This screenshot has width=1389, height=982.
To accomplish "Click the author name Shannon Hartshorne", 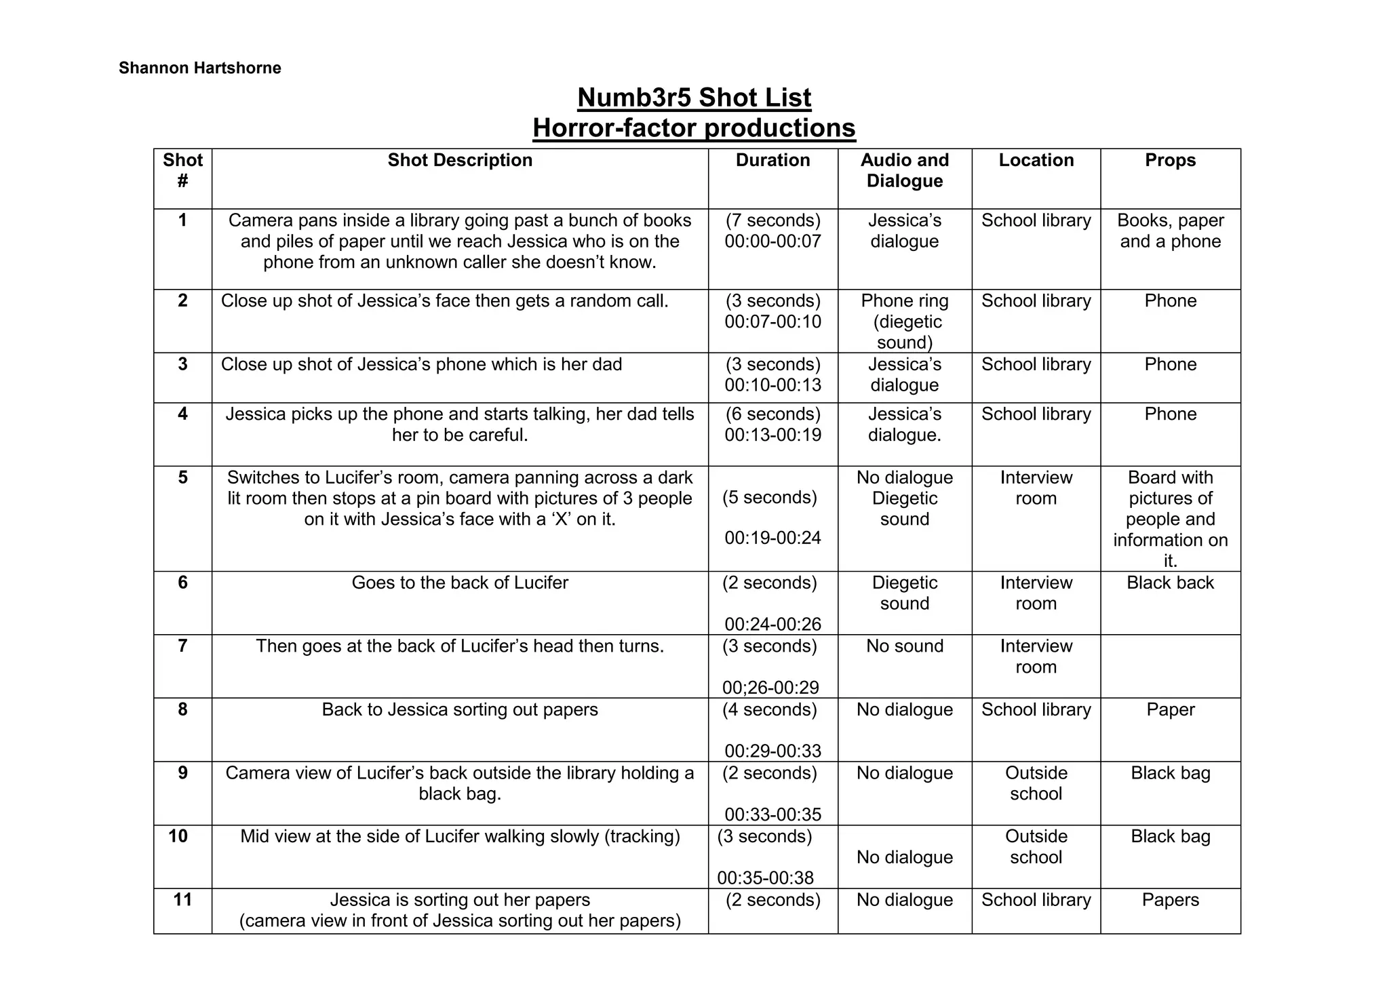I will tap(199, 68).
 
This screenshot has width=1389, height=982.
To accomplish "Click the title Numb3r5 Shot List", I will tap(694, 98).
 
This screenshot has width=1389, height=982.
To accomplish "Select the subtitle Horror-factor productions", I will tap(694, 128).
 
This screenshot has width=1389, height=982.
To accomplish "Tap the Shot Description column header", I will tap(460, 160).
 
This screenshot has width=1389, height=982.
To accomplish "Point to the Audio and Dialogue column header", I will tap(904, 170).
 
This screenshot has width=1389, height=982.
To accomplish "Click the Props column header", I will tap(1170, 160).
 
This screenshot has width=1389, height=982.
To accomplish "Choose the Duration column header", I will tap(772, 160).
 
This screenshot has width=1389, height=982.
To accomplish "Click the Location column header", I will tap(1036, 160).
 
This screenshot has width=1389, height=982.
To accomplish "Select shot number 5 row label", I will tap(182, 477).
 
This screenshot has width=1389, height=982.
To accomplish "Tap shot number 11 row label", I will tap(182, 900).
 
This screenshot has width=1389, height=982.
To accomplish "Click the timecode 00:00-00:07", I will tap(772, 241).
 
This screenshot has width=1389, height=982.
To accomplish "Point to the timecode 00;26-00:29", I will tap(770, 688).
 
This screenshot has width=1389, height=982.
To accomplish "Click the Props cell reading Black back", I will tap(1170, 583).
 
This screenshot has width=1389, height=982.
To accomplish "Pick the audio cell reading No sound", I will tap(904, 646).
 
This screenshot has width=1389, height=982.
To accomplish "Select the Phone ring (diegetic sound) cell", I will tap(904, 321).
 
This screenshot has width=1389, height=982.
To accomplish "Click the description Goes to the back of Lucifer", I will tap(460, 583).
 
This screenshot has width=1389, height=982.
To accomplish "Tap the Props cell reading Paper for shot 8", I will tap(1170, 709).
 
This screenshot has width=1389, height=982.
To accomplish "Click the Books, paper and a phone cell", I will tap(1170, 231).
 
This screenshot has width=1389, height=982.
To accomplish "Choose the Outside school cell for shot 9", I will tap(1036, 783).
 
